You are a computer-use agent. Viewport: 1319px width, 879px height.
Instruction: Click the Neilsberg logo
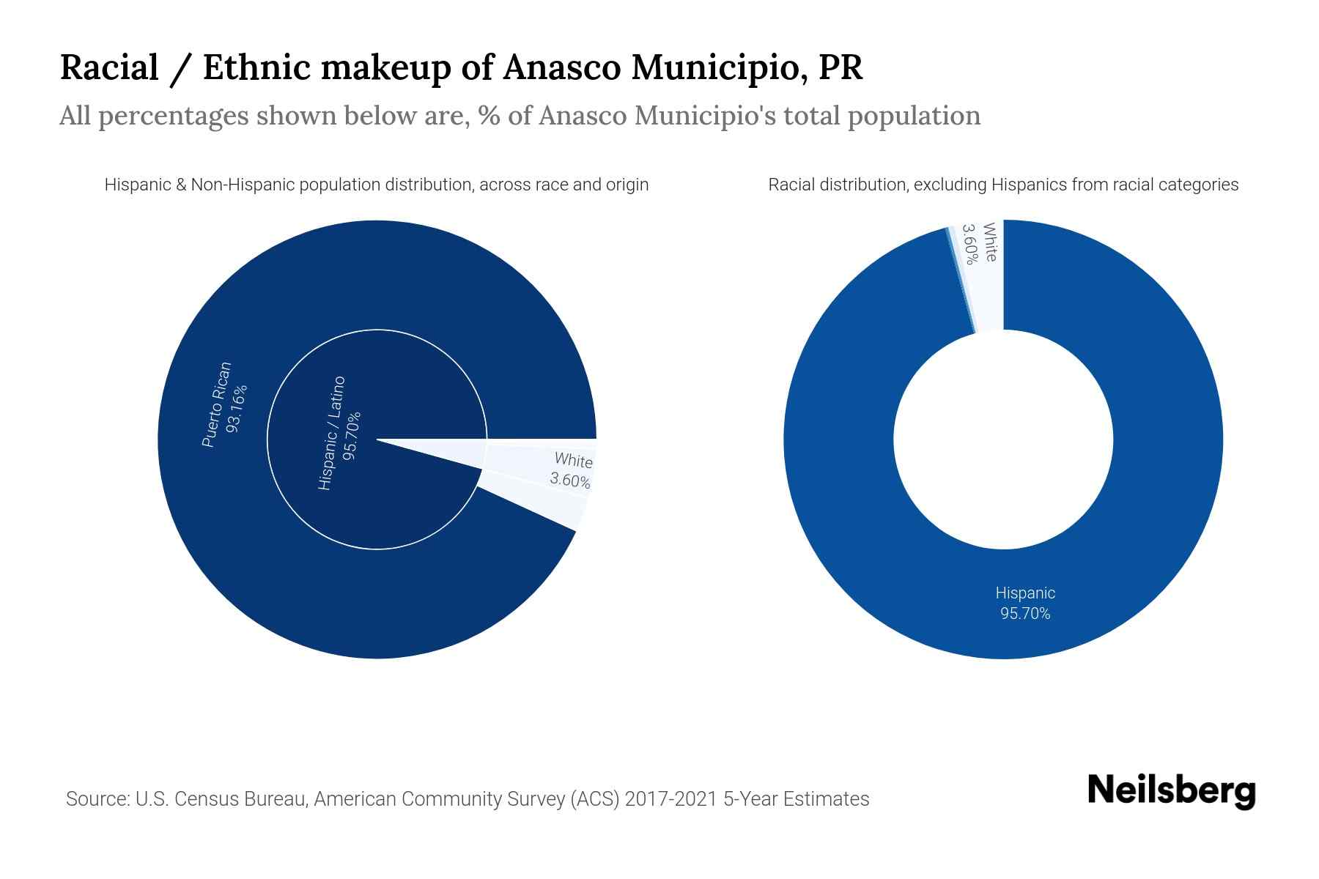(1171, 791)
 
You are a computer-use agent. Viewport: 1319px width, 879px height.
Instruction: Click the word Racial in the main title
(109, 67)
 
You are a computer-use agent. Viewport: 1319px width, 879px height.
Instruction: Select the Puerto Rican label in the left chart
(216, 404)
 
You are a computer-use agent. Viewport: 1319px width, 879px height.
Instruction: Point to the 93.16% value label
(237, 408)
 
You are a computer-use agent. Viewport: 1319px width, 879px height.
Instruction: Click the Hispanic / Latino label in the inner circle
(331, 433)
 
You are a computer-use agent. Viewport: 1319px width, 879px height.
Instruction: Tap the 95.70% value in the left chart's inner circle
(352, 437)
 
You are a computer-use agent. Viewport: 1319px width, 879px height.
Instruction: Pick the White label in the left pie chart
(573, 461)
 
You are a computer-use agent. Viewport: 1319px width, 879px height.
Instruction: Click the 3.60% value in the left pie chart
(570, 481)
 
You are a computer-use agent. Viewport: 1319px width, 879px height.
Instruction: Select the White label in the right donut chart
(990, 242)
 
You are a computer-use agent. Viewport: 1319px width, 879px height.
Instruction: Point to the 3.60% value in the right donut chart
(969, 244)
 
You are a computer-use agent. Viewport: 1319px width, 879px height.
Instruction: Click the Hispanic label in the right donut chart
(1025, 593)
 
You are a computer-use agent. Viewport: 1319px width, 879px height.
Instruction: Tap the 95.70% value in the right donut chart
(1025, 614)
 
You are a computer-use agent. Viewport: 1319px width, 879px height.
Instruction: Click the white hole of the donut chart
(1003, 439)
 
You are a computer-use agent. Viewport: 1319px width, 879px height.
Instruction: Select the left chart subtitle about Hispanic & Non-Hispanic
(377, 185)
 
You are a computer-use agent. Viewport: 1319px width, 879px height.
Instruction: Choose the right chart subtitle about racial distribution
(1003, 185)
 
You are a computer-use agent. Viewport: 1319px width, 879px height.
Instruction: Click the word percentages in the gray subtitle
(173, 116)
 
